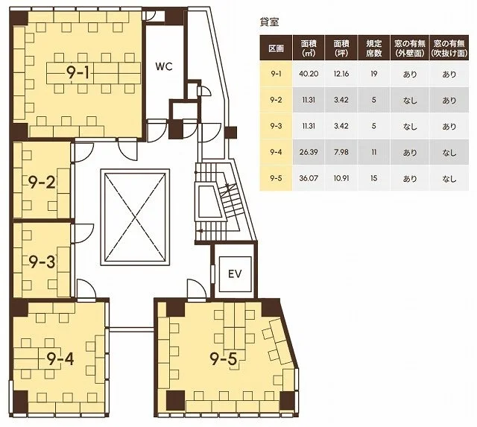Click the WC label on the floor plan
point(164,66)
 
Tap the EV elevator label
point(235,274)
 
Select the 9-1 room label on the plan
point(78,73)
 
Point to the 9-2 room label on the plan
point(42,182)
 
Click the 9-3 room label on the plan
point(42,262)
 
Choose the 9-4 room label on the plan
point(60,359)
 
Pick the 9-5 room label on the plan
point(224,359)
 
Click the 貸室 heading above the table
point(269,22)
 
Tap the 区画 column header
point(276,48)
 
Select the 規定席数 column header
point(374,48)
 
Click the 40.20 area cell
point(309,74)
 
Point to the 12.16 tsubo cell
point(341,74)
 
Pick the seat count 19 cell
point(374,74)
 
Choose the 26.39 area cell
point(309,152)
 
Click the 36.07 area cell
point(309,178)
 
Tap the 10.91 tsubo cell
point(341,178)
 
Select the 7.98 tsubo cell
point(341,152)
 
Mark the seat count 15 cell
point(374,178)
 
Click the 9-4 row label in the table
point(276,152)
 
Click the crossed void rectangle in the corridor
point(135,217)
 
